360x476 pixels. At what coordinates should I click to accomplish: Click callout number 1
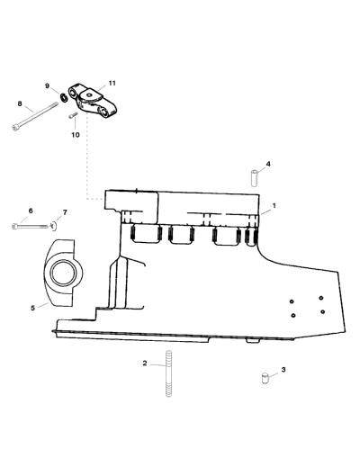coord(274,206)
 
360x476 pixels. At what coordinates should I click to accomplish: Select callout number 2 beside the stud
coord(145,363)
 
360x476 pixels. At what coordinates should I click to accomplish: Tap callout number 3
coord(283,370)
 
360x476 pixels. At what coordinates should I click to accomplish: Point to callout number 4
coord(268,164)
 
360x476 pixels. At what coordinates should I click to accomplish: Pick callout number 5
coord(32,308)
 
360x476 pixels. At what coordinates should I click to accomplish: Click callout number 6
coord(31,211)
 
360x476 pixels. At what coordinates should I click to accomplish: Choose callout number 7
coord(65,212)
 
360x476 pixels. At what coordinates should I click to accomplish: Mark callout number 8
coord(20,103)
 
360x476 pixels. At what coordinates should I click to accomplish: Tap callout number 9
coord(47,85)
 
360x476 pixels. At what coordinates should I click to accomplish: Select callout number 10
coord(76,134)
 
